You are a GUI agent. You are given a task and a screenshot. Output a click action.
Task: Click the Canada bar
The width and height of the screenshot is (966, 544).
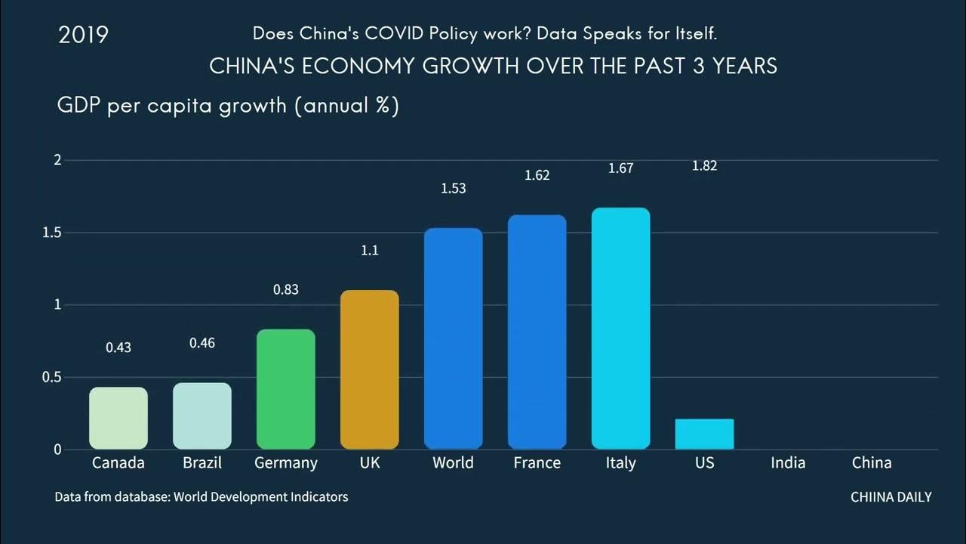click(x=118, y=418)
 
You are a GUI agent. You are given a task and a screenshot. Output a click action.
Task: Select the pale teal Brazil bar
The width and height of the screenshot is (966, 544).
click(x=202, y=416)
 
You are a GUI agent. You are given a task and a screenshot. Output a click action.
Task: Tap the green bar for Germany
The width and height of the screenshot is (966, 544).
click(x=286, y=389)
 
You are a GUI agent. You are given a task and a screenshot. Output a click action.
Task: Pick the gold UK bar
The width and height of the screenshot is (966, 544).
click(x=370, y=369)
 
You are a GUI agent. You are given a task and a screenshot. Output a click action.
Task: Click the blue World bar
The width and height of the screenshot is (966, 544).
click(x=454, y=338)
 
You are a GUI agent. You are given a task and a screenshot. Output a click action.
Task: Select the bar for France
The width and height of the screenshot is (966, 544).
click(x=537, y=332)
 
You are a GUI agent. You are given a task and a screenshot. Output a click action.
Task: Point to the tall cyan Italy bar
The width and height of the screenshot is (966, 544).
click(x=621, y=328)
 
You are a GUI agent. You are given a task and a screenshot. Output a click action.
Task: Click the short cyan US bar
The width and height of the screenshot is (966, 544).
click(x=705, y=434)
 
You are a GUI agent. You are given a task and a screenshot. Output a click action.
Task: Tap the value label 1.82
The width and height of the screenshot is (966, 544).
click(x=705, y=166)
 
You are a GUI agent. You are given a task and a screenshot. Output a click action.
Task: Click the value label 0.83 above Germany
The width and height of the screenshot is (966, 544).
click(x=286, y=289)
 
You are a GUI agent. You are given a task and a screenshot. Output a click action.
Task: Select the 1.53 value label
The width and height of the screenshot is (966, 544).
click(x=454, y=188)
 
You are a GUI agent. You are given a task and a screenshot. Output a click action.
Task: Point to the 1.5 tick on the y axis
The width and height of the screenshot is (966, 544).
click(x=52, y=233)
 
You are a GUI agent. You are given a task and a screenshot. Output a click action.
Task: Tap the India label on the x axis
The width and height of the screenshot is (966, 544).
click(x=788, y=462)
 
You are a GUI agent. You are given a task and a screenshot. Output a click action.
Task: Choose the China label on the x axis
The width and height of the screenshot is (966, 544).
click(x=872, y=462)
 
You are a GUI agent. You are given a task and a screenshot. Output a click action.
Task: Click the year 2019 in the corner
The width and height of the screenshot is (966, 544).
click(x=83, y=35)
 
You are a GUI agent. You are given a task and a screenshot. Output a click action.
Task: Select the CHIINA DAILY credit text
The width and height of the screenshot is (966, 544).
click(x=891, y=497)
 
